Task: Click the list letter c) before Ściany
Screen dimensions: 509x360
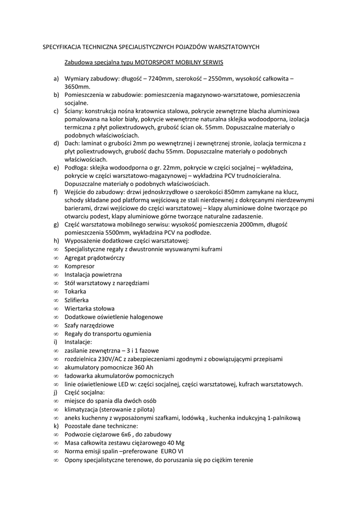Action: [56, 111]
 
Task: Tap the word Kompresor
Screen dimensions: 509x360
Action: [79, 266]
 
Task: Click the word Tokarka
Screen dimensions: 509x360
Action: [75, 291]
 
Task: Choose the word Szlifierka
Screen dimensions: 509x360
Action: [77, 300]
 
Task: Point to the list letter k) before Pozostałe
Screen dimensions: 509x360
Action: [56, 426]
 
